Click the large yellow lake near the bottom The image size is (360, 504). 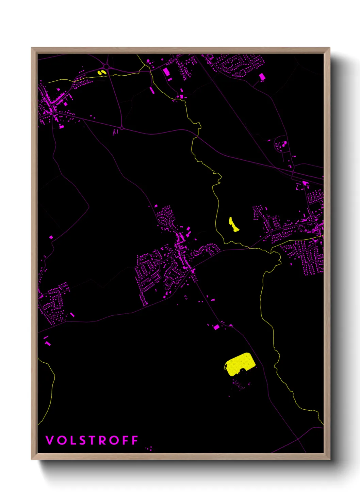click(x=240, y=364)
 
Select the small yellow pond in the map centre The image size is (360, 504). click(x=233, y=225)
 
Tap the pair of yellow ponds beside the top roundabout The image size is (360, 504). click(x=101, y=72)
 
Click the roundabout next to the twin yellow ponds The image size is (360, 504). click(x=107, y=66)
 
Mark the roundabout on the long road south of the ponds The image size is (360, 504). click(x=122, y=128)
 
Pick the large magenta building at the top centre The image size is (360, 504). click(x=166, y=72)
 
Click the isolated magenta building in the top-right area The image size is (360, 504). click(x=262, y=77)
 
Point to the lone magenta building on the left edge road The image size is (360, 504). click(x=51, y=237)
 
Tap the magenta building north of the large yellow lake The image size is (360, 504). click(x=216, y=327)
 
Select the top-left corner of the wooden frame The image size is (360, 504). click(x=32, y=48)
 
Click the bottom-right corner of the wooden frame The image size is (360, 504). click(x=329, y=459)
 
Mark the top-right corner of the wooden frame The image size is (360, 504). click(x=329, y=48)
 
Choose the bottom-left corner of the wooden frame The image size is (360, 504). click(x=32, y=459)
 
